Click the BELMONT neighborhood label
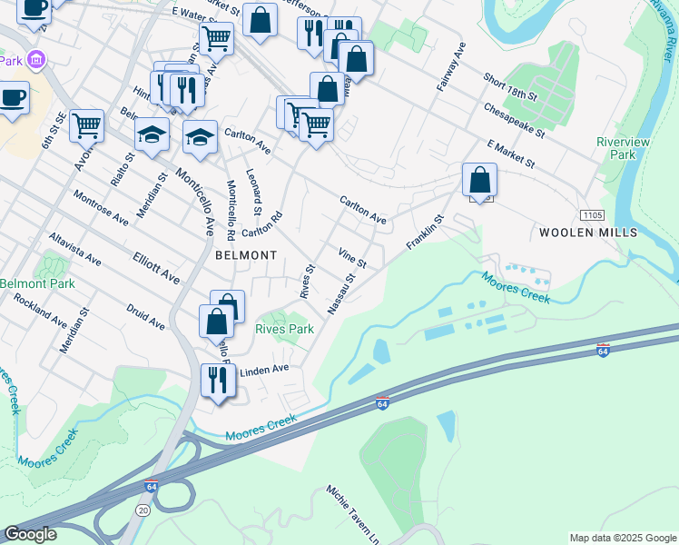pos(246,256)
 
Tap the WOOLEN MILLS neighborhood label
pos(588,233)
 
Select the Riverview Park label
pos(615,148)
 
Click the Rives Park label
pos(284,329)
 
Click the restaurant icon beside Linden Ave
pos(217,380)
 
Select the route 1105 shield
pos(592,213)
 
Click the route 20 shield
pos(144,511)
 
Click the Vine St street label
pos(351,258)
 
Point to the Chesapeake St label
pos(515,120)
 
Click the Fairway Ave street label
pos(450,66)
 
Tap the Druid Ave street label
pos(145,317)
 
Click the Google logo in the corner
pos(30,534)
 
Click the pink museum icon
pos(36,61)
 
